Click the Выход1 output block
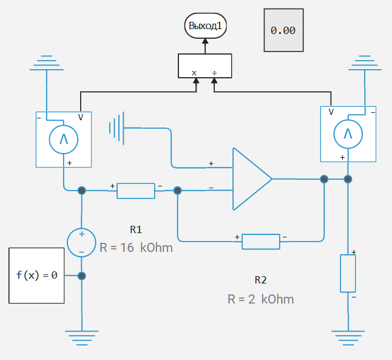tap(205, 26)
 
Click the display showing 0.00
tap(283, 30)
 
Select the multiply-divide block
tap(205, 66)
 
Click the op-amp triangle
tap(250, 178)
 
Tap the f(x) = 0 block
tap(36, 275)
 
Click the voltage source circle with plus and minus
tap(81, 242)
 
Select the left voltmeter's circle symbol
tap(63, 140)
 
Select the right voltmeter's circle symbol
tap(348, 134)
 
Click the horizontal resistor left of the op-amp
tap(136, 190)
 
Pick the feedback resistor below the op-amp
tap(261, 241)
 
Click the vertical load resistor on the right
tap(348, 273)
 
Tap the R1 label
tap(136, 229)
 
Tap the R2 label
tap(261, 280)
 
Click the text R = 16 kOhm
tap(136, 248)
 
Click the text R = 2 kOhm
tap(261, 299)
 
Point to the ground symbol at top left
tap(47, 63)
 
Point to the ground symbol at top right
tap(364, 63)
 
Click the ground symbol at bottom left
tap(81, 333)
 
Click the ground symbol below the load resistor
tap(348, 333)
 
